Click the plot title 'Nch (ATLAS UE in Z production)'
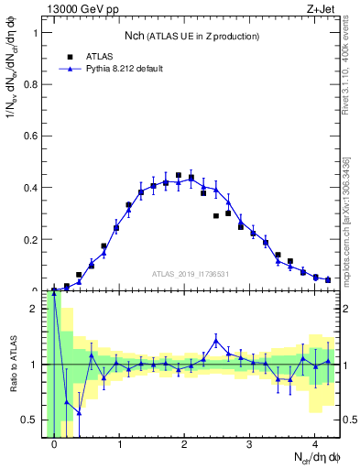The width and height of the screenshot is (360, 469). coord(192,36)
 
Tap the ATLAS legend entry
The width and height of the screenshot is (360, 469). coord(89,55)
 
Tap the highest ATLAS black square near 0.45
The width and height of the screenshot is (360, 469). coord(179,175)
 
